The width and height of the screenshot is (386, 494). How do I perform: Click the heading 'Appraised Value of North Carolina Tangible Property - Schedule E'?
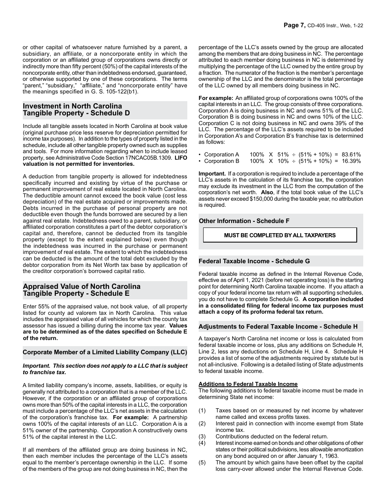81,290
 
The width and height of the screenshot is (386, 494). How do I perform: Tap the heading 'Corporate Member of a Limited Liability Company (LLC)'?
105,352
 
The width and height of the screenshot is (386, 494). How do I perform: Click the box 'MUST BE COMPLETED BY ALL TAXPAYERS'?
280,235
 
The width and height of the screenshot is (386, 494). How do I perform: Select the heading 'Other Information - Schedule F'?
244,221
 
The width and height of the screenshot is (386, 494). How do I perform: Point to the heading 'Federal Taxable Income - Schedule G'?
254,261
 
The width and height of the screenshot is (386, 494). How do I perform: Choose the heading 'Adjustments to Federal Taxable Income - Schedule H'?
275,327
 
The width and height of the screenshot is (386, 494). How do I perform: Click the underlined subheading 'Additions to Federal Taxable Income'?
248,384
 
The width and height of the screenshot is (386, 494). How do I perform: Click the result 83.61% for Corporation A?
351,154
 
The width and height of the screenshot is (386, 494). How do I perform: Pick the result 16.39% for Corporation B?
351,161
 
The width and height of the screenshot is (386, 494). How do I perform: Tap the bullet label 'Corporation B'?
221,161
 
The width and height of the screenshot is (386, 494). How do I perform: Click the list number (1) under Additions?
202,411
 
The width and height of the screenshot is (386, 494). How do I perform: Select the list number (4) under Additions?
202,443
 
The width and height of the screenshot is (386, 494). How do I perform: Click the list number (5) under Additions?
202,463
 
